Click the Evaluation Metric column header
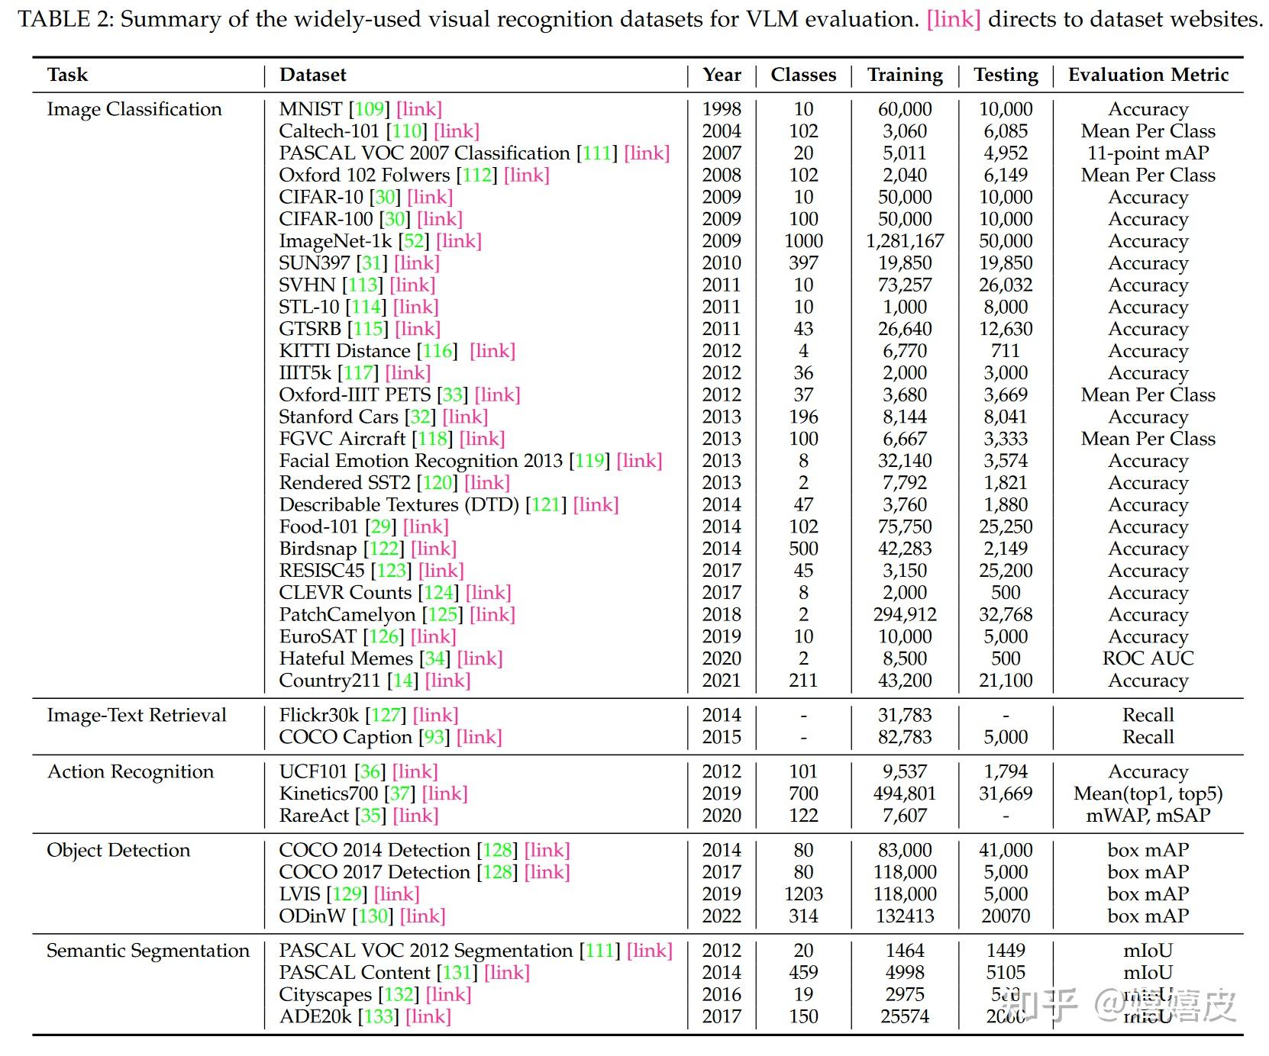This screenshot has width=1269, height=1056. click(x=1148, y=75)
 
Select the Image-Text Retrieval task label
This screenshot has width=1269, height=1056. click(x=137, y=715)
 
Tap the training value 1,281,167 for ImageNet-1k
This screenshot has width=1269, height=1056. click(x=905, y=241)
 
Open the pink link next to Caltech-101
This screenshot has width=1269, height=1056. click(x=457, y=131)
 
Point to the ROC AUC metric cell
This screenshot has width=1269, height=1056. click(x=1148, y=658)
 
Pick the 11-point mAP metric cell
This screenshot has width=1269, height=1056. click(x=1148, y=153)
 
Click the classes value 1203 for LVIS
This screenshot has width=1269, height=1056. click(x=803, y=894)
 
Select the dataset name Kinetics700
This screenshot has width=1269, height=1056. click(x=328, y=794)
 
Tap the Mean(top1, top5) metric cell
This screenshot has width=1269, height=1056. click(x=1148, y=794)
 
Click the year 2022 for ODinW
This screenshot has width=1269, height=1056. click(x=722, y=916)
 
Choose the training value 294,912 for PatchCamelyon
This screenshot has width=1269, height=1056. click(x=905, y=615)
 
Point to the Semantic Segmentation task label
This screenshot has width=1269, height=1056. click(x=148, y=951)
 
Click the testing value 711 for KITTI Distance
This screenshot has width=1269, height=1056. click(x=1006, y=351)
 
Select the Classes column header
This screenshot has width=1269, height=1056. click(x=803, y=75)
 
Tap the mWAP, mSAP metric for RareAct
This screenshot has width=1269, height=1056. click(x=1148, y=816)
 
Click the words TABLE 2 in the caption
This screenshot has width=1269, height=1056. click(x=65, y=19)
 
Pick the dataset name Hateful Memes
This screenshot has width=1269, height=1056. click(x=346, y=658)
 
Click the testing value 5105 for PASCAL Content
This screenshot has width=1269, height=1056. click(x=1006, y=973)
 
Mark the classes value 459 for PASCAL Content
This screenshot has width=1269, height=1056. click(x=803, y=973)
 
